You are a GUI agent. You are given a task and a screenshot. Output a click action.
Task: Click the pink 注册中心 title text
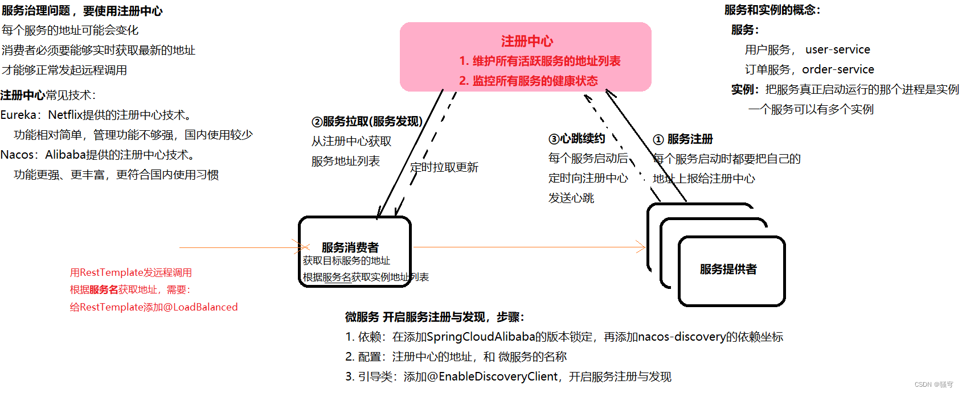point(527,41)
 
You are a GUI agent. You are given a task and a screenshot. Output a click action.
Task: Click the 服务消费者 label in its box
point(350,247)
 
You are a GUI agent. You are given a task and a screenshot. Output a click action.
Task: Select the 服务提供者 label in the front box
point(728,269)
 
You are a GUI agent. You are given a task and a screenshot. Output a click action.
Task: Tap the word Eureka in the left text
point(18,115)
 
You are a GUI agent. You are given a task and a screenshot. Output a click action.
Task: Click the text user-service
point(837,49)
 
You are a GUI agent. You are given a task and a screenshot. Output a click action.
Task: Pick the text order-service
point(838,69)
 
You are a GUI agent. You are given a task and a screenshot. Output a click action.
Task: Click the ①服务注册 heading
point(683,139)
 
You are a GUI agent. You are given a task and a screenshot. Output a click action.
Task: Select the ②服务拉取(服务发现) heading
point(367,121)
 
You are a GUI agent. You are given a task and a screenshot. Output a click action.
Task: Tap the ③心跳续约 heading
point(576,139)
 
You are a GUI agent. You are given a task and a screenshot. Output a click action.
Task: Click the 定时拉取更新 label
point(444,167)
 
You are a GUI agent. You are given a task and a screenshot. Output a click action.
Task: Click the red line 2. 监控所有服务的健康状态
point(529,81)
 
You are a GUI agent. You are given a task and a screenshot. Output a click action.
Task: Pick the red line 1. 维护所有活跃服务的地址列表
point(540,61)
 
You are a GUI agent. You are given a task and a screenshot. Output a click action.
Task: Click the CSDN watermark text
point(933,384)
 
